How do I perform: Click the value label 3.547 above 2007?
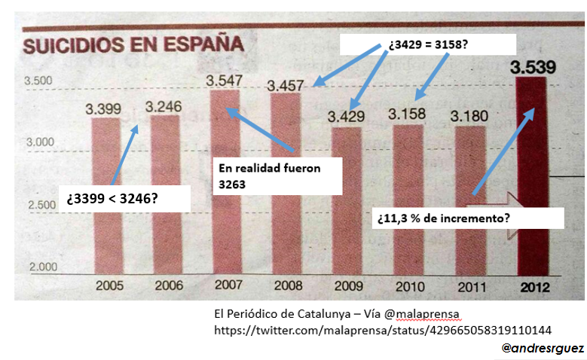click(x=224, y=79)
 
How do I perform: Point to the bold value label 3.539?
click(x=534, y=68)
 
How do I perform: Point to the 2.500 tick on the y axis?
click(x=38, y=205)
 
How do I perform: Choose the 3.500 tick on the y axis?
click(x=38, y=81)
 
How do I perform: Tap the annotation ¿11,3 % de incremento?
click(x=467, y=218)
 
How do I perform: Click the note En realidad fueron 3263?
click(x=277, y=175)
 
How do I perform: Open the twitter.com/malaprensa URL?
click(x=383, y=330)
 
